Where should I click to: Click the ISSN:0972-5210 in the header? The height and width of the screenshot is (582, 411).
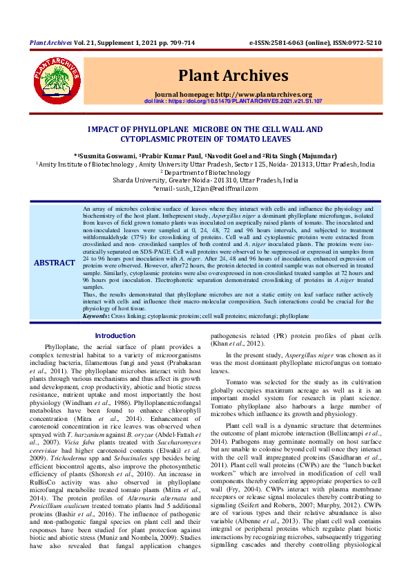[355, 42]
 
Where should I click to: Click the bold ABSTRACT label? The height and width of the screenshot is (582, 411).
[55, 263]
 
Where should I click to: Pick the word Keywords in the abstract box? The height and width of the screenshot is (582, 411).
[96, 315]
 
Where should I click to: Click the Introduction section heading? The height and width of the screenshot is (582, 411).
[115, 335]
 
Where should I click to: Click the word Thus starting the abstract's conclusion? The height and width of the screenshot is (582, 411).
[88, 294]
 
